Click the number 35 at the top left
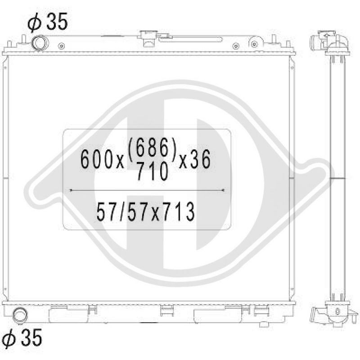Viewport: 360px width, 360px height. coord(57,21)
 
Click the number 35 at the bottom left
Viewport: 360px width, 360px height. coord(32,337)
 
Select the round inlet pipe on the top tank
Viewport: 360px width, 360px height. coord(40,43)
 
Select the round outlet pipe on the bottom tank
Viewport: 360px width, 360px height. coord(20,315)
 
